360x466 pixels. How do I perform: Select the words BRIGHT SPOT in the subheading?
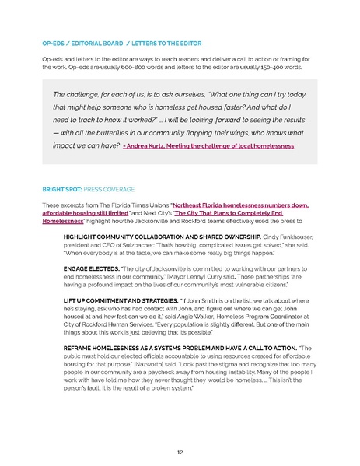(x=61, y=189)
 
